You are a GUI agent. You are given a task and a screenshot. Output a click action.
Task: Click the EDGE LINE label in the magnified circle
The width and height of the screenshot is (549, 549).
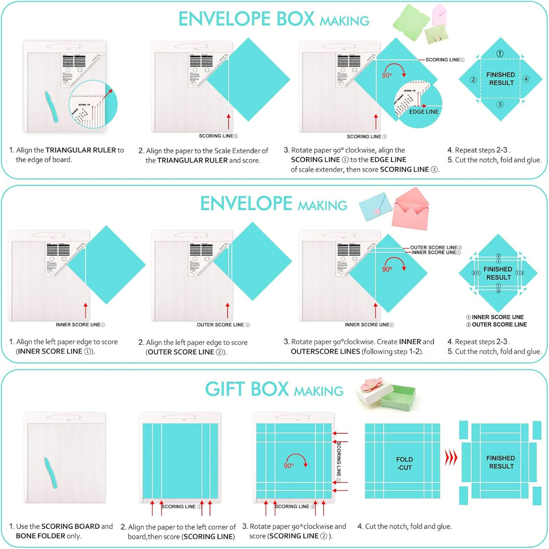[x=424, y=111]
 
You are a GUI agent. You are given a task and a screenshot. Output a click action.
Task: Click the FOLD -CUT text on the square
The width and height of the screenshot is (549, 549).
[x=404, y=463]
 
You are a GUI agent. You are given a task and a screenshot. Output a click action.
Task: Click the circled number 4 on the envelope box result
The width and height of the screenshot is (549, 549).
[x=526, y=79]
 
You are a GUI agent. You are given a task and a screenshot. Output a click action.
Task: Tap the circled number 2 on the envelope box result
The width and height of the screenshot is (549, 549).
[x=473, y=79]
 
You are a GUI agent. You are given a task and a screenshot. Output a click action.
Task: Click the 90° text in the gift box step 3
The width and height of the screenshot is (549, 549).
[x=288, y=464]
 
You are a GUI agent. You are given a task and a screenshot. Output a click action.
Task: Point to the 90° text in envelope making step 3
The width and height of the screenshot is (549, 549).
[x=388, y=270]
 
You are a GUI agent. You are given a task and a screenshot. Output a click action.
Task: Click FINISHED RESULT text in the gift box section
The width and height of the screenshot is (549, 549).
[x=500, y=462]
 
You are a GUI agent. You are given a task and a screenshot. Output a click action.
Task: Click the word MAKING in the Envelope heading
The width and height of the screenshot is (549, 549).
[x=323, y=205]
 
